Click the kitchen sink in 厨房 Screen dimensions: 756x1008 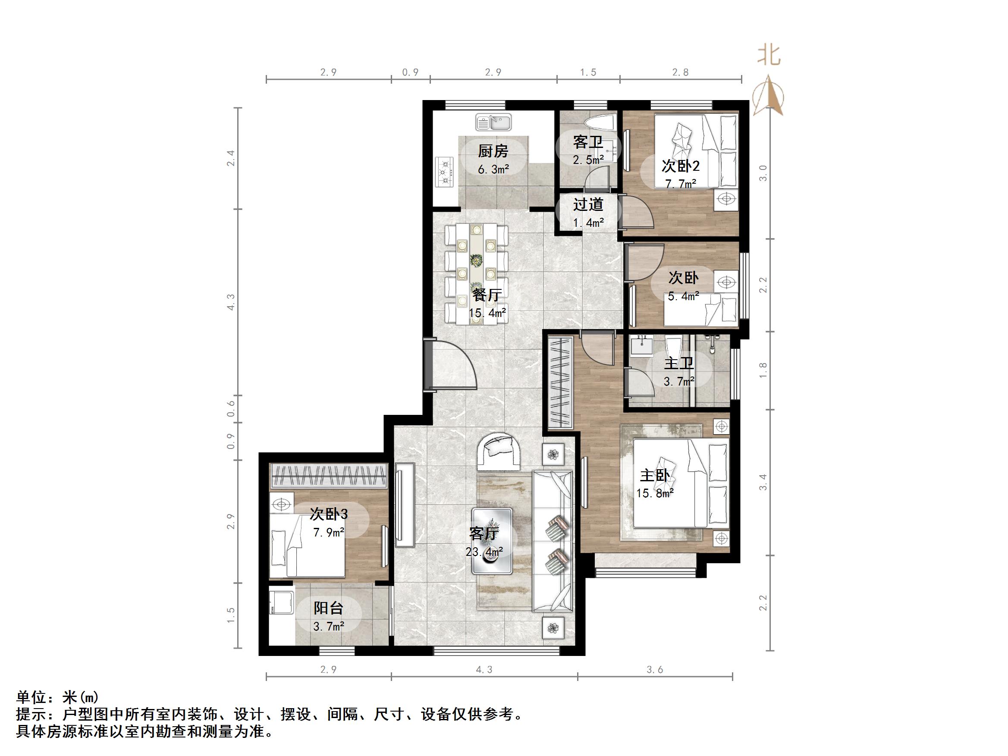point(493,122)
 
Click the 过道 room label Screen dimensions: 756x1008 point(588,204)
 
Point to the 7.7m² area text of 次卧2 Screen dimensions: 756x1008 point(680,184)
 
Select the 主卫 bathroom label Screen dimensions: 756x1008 point(678,363)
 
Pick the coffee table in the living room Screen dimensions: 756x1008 point(492,541)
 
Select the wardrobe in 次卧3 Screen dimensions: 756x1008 point(329,475)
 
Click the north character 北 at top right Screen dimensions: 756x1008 point(769,56)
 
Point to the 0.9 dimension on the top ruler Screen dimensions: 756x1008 point(410,72)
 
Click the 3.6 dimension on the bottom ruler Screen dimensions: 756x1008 point(654,669)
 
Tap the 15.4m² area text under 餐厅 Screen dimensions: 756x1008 point(487,313)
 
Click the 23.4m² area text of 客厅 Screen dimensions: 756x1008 point(484,552)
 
